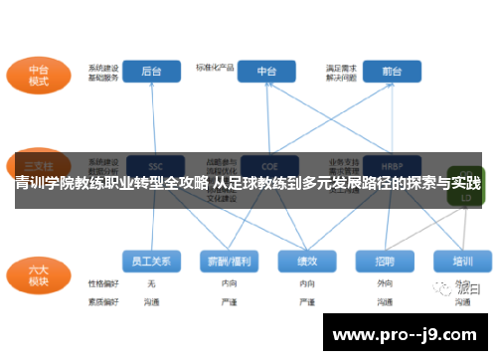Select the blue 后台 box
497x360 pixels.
coord(152,72)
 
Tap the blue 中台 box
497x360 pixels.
coord(267,72)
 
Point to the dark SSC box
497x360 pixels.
coord(154,164)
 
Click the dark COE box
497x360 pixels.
coord(267,164)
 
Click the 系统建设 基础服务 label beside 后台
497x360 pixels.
coord(103,72)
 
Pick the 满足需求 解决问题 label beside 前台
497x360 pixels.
coord(341,72)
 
